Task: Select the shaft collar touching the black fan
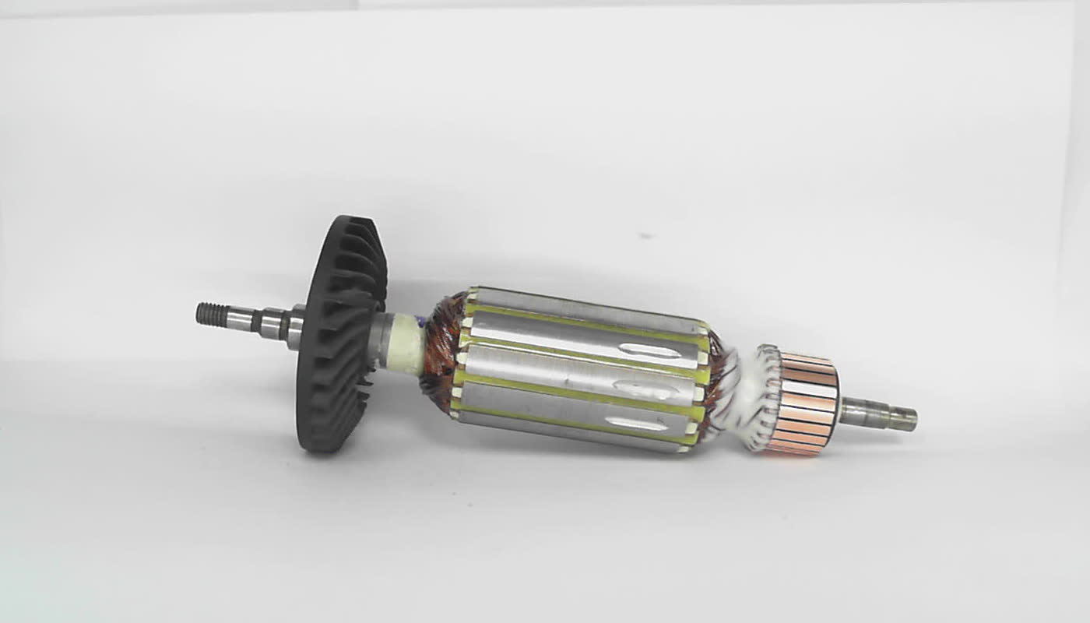(294, 328)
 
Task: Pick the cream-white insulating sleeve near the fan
(406, 350)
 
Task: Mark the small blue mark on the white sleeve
(420, 320)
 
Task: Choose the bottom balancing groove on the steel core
(637, 424)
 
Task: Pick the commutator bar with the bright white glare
(810, 389)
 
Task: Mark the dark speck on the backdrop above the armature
(644, 234)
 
